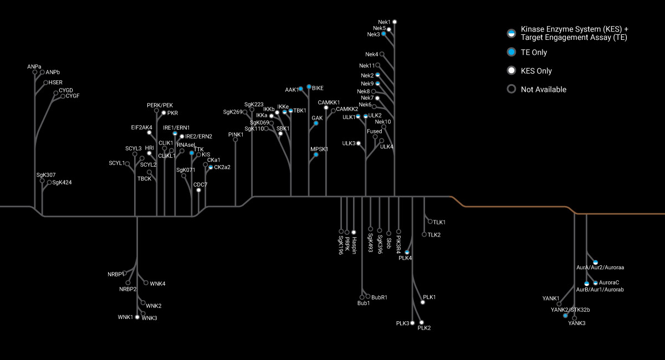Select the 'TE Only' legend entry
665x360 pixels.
tap(534, 53)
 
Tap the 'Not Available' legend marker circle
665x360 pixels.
tap(511, 89)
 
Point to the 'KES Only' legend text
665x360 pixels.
tap(536, 71)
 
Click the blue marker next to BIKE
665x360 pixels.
tap(309, 87)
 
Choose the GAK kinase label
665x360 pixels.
tap(317, 118)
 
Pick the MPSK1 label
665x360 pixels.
tap(319, 149)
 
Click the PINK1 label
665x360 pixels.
tap(236, 135)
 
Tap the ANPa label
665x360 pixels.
tap(34, 67)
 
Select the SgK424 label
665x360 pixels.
tap(62, 182)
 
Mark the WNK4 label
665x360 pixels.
tap(158, 284)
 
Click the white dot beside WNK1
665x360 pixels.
tap(137, 317)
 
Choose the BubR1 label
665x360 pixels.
tap(379, 297)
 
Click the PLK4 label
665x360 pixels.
tap(405, 258)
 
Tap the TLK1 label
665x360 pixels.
tap(439, 222)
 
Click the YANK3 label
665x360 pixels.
tap(576, 323)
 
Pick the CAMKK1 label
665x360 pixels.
tap(329, 102)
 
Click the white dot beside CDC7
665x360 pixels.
tap(198, 190)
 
